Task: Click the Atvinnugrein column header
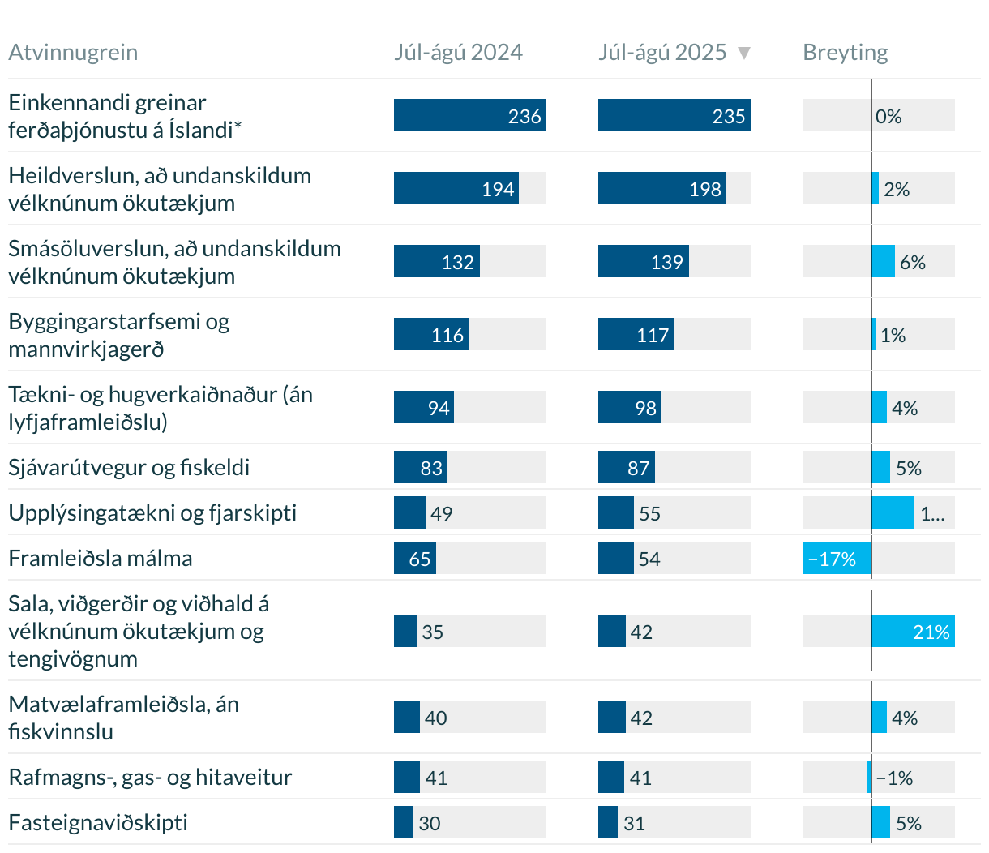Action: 73,53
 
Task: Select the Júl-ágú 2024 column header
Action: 458,53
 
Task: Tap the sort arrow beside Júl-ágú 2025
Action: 744,54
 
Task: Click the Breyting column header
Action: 845,53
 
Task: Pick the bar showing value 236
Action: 469,116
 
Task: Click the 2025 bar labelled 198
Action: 661,189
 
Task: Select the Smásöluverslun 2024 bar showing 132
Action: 436,262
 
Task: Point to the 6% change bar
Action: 884,262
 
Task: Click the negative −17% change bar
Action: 837,559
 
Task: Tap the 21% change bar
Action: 913,632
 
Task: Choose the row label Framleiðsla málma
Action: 101,559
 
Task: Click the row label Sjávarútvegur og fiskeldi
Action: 129,468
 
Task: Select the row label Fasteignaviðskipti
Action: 98,823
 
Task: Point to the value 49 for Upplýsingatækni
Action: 442,513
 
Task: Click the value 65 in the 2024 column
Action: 420,559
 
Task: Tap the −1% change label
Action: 895,778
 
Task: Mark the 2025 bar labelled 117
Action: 636,335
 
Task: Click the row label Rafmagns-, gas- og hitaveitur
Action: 150,778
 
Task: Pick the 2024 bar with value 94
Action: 423,408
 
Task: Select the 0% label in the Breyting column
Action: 888,117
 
